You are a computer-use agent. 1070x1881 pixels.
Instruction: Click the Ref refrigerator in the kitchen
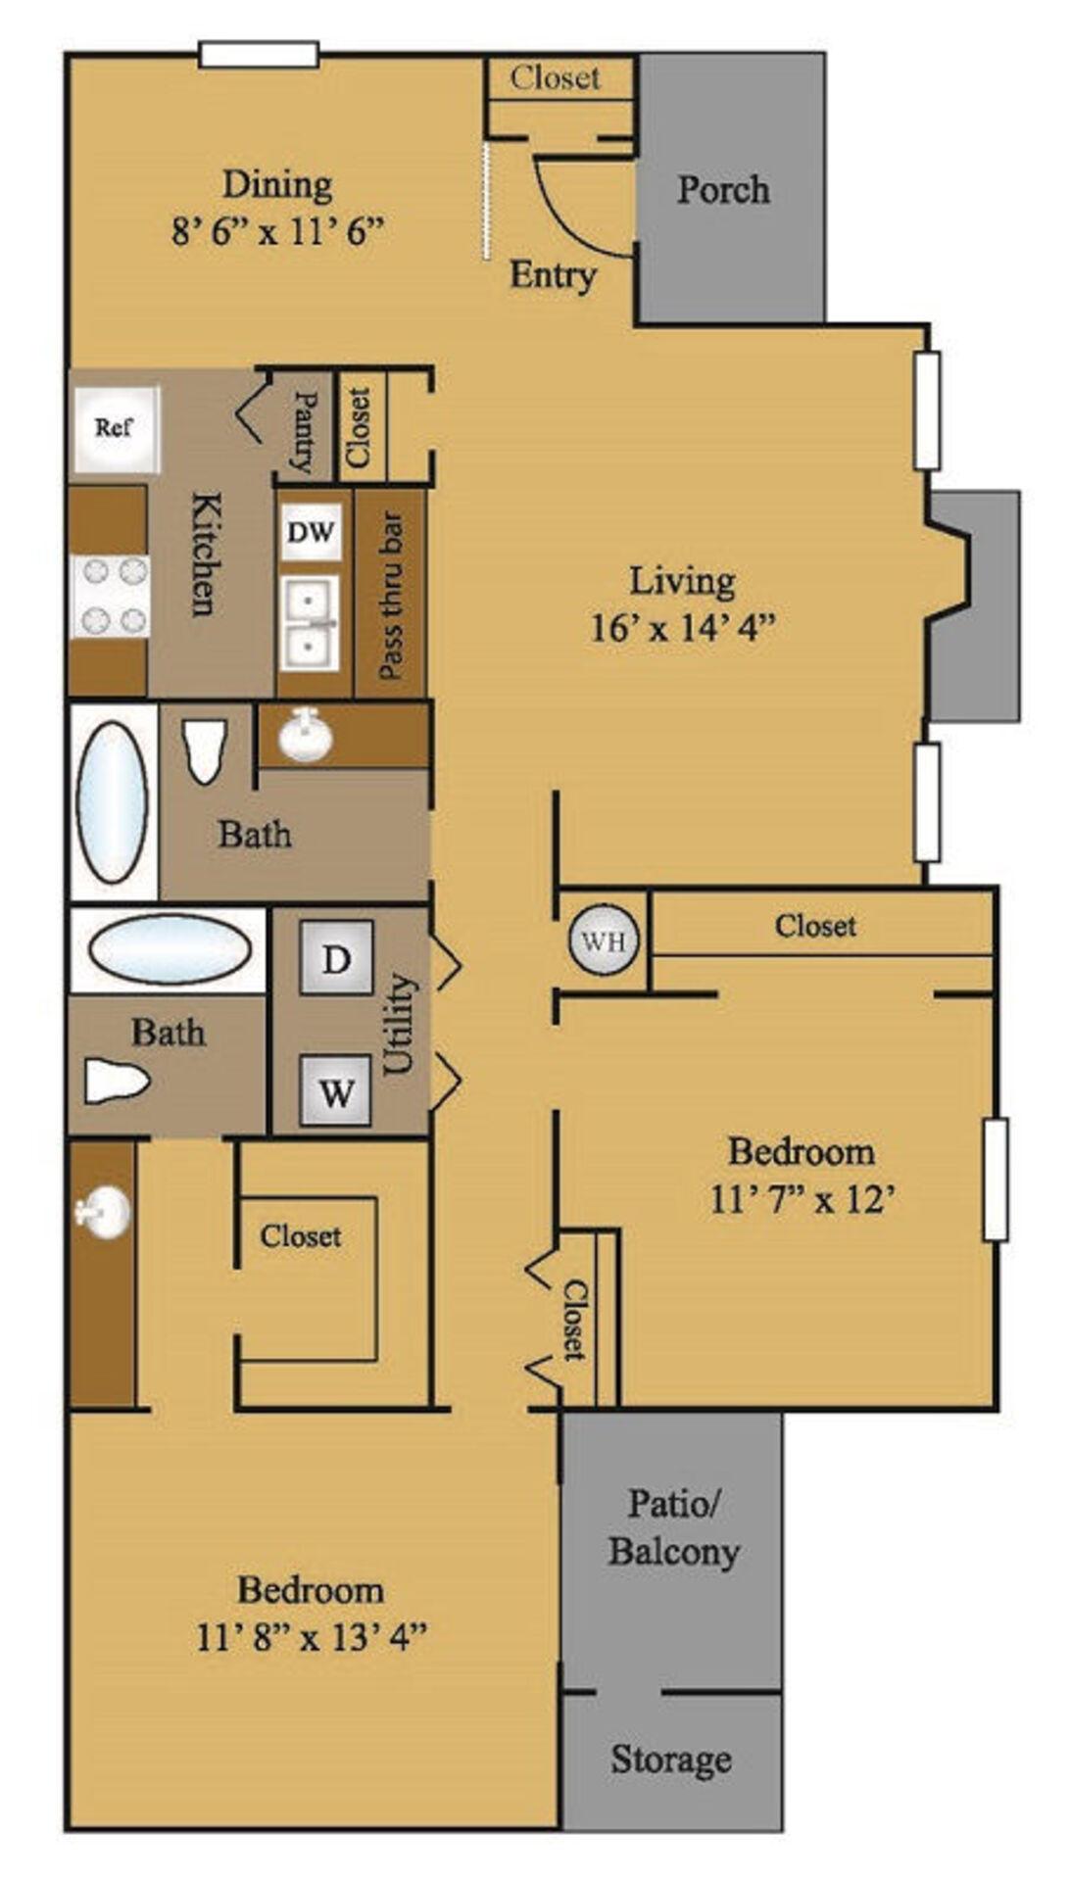coord(114,428)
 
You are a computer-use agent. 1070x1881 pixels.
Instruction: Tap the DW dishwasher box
coord(312,533)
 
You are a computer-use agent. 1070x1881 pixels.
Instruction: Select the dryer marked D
coord(336,958)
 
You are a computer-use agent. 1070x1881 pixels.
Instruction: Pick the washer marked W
coord(336,1090)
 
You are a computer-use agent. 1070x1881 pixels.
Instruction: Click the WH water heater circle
coord(603,941)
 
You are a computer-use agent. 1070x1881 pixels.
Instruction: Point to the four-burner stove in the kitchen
coord(109,595)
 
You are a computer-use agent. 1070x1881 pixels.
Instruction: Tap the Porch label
coord(723,189)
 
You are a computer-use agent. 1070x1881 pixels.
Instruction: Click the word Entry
coord(553,276)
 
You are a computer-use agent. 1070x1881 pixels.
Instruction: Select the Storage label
coord(671,1760)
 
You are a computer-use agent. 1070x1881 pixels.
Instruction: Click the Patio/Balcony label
coord(673,1527)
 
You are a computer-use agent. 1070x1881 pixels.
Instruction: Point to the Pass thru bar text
coord(390,596)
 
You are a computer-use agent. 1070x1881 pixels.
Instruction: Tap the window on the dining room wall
coord(259,54)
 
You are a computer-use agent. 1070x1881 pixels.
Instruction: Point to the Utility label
coord(399,1024)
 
